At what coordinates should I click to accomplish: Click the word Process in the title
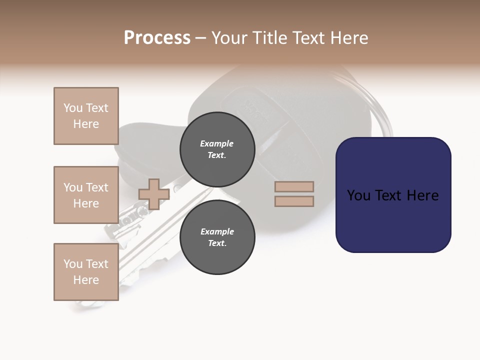(x=157, y=38)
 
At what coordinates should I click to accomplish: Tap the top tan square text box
(x=86, y=116)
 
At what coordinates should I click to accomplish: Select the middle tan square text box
(x=86, y=195)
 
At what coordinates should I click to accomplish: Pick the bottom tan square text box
(x=86, y=272)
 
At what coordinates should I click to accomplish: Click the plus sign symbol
(x=154, y=194)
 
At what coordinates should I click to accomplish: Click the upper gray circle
(x=217, y=149)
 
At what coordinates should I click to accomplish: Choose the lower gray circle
(x=217, y=237)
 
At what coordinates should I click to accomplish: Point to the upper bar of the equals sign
(x=294, y=186)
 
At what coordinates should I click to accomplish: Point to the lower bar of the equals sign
(x=294, y=201)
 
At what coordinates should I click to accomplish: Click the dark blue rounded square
(x=393, y=220)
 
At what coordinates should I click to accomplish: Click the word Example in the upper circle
(x=217, y=143)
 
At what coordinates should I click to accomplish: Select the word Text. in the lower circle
(x=217, y=243)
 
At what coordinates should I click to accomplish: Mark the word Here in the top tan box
(x=86, y=124)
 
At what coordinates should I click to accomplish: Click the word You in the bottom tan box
(x=73, y=264)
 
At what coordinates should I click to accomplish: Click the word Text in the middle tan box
(x=96, y=187)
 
